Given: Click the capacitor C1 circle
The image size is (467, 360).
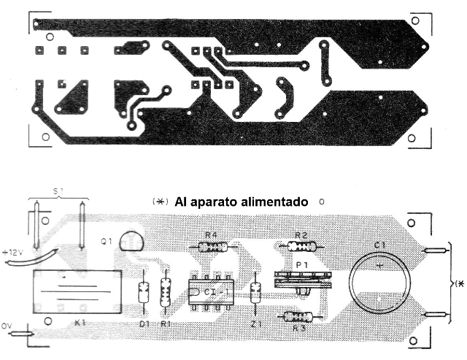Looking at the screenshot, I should [x=379, y=286].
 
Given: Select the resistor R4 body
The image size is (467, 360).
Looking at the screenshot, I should [x=212, y=247].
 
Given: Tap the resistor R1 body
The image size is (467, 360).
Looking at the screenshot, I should [x=165, y=293].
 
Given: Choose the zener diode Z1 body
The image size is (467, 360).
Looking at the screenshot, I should [x=255, y=293].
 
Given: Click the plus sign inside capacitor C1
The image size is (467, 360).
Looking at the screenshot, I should [x=379, y=267].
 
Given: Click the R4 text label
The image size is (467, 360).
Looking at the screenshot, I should [x=211, y=234].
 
